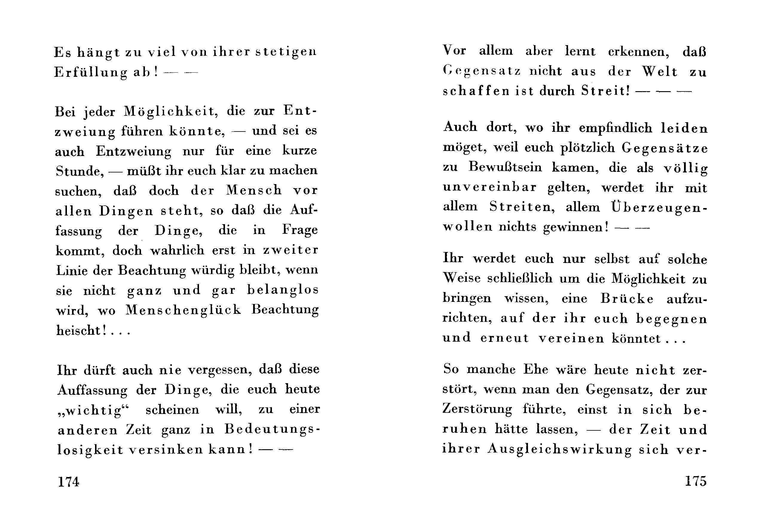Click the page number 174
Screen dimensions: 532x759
click(69, 482)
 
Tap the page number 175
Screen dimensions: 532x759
click(696, 481)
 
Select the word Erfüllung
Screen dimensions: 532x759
click(91, 73)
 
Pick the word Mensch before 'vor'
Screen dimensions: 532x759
click(254, 190)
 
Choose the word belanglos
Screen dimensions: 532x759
click(283, 290)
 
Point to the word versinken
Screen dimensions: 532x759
click(166, 450)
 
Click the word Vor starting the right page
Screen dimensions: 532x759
click(455, 51)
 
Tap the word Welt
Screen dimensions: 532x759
click(660, 71)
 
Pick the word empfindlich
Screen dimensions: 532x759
click(616, 128)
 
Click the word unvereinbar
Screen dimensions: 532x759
click(489, 187)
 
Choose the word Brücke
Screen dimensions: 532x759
click(627, 299)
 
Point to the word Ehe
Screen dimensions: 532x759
click(535, 369)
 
